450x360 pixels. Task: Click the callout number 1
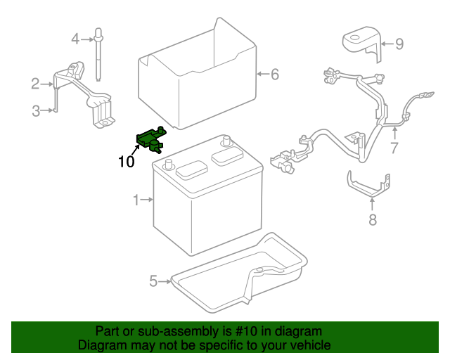pyautogui.click(x=136, y=201)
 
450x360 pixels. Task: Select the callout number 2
pyautogui.click(x=35, y=84)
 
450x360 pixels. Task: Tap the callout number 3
pyautogui.click(x=35, y=110)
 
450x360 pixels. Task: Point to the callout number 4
pyautogui.click(x=75, y=39)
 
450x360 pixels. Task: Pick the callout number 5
pyautogui.click(x=153, y=282)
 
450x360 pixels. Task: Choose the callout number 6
pyautogui.click(x=275, y=73)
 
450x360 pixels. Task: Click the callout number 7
pyautogui.click(x=394, y=148)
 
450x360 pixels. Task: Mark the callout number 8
pyautogui.click(x=372, y=220)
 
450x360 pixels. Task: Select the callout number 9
pyautogui.click(x=399, y=44)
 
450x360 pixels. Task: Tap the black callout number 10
pyautogui.click(x=126, y=162)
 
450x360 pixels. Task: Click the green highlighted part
pyautogui.click(x=151, y=137)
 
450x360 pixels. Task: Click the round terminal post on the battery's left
pyautogui.click(x=168, y=165)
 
